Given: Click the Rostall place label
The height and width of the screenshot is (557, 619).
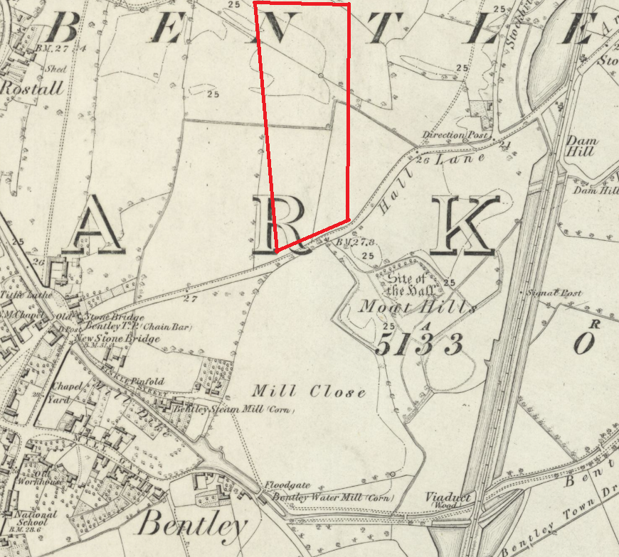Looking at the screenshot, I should coord(33,88).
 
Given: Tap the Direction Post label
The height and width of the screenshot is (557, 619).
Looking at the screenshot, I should coord(456,134).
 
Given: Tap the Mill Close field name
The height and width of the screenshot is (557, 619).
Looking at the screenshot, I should coord(309,391).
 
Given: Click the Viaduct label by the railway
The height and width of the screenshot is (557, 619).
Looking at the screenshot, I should coord(448,498).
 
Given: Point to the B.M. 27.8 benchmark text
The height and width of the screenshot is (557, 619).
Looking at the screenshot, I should coord(356,242).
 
